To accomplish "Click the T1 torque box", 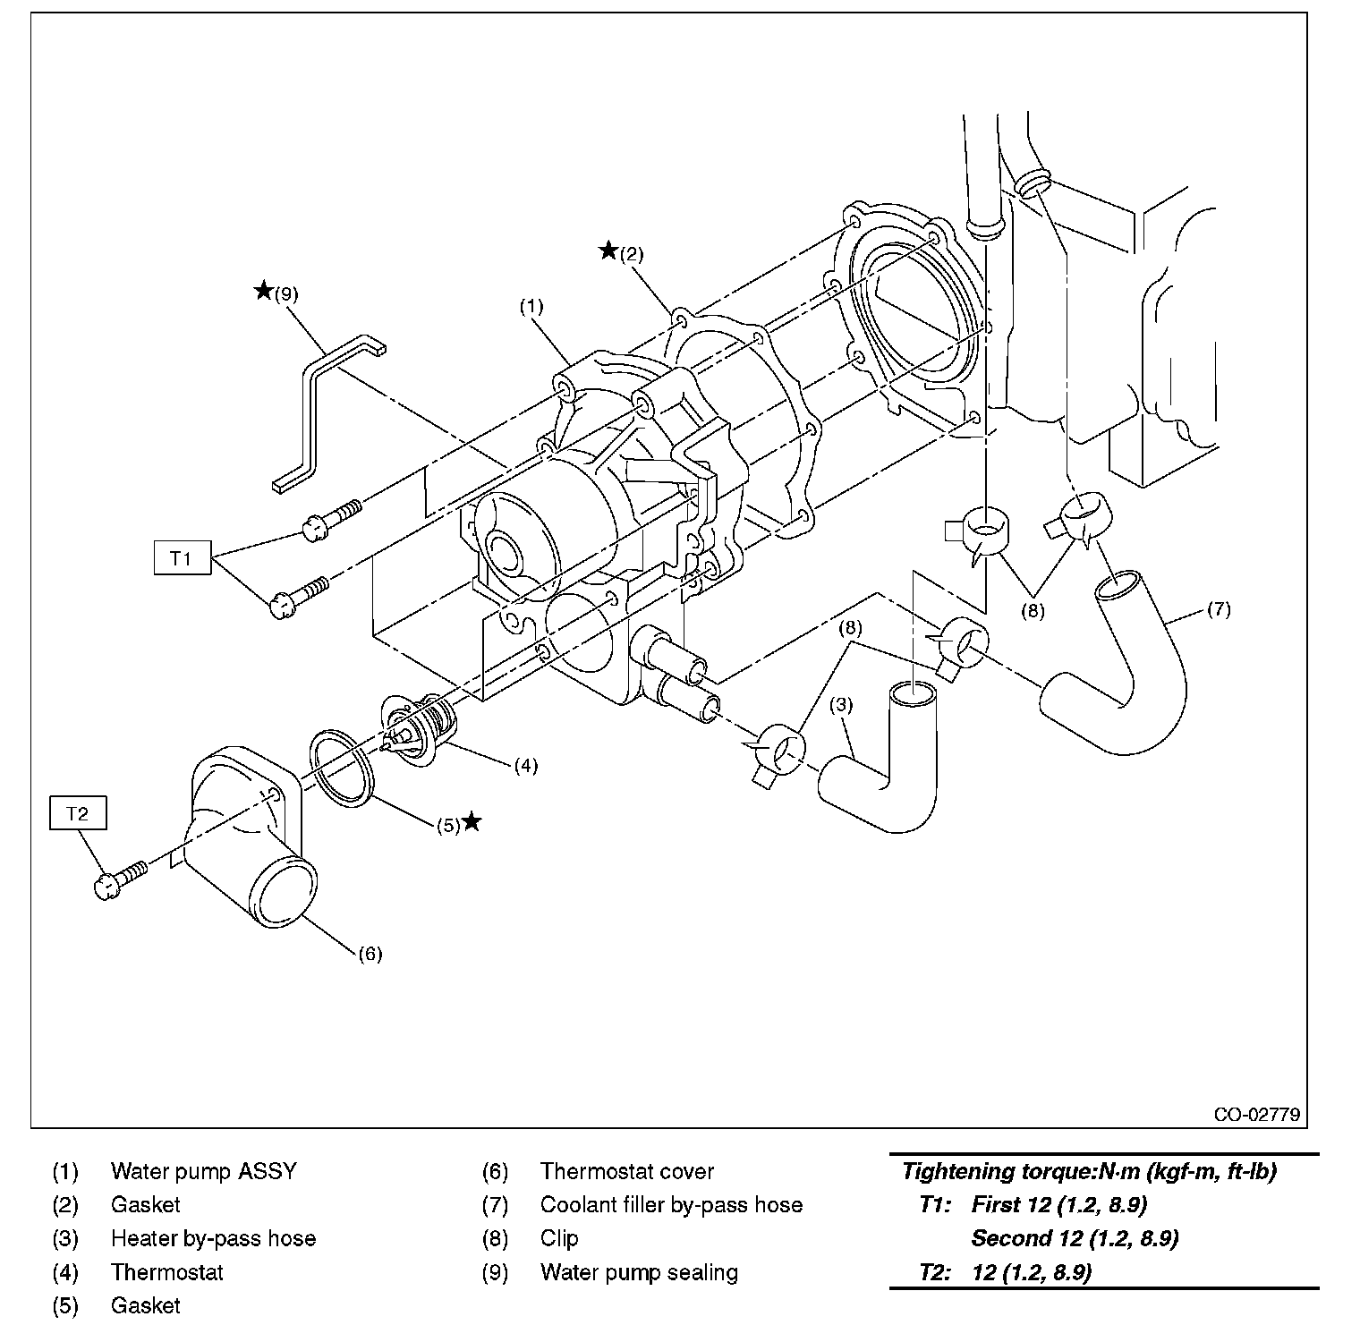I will (x=182, y=557).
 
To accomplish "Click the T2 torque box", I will (x=78, y=813).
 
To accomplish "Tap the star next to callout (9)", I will (x=263, y=290).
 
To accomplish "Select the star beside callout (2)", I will (x=608, y=251).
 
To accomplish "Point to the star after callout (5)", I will (x=472, y=821).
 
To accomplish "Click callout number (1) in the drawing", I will (x=531, y=306).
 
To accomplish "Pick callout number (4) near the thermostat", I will (x=525, y=765).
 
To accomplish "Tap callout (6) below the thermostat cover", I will (x=370, y=954).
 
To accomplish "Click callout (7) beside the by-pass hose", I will (x=1219, y=609).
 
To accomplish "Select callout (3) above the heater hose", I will (x=841, y=705).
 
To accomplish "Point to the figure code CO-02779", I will (x=1256, y=1115).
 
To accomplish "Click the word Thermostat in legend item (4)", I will (x=166, y=1272).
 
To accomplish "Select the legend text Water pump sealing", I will (x=639, y=1272).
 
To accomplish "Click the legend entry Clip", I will (x=559, y=1238).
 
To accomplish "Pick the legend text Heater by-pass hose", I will (x=213, y=1238).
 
